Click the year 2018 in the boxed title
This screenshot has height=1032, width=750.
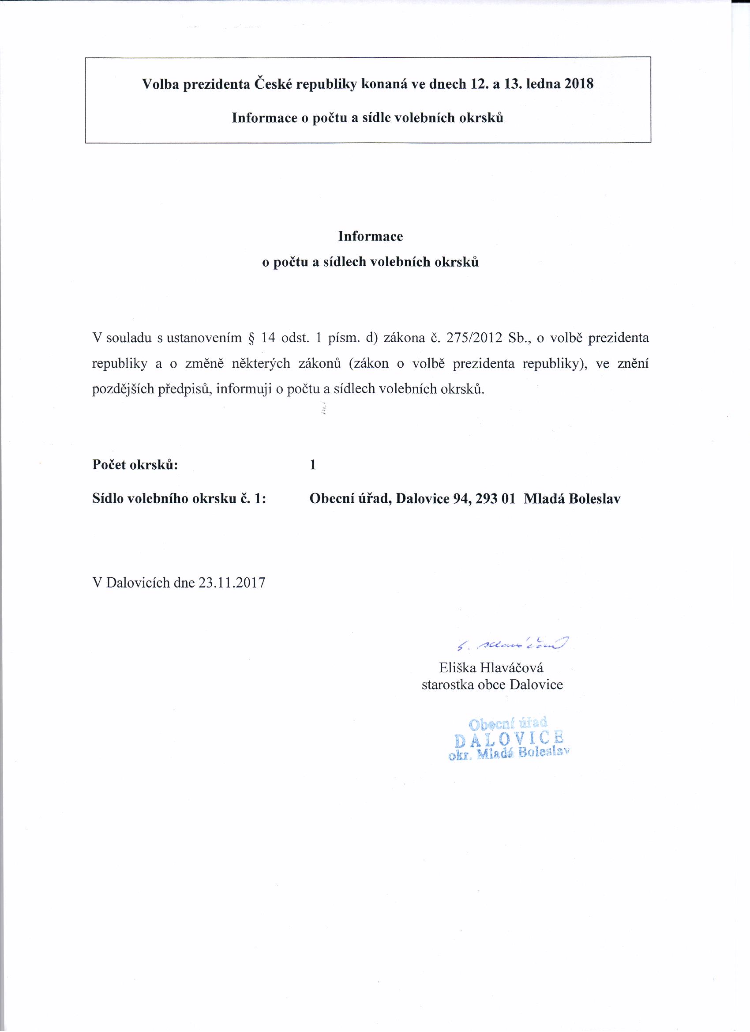pos(579,84)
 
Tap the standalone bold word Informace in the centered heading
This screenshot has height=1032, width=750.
pos(370,236)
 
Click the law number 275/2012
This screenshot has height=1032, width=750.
pos(474,338)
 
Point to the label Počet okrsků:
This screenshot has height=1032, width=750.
pos(135,465)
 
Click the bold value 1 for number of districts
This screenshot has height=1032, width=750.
pos(312,465)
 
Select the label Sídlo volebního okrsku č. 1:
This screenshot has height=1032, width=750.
pos(179,499)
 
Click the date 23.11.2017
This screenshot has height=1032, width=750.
pos(232,583)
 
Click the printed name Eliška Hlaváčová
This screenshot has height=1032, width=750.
pos(491,667)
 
